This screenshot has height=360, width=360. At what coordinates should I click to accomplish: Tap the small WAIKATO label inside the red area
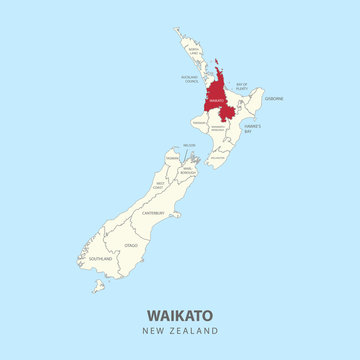216,100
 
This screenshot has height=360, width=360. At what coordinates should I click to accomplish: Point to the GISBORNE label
274,98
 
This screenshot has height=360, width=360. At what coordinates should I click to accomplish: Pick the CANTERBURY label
153,212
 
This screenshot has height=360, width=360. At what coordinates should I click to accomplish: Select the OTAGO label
131,244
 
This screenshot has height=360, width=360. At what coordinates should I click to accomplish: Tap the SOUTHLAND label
100,258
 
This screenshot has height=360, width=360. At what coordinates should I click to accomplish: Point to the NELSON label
190,146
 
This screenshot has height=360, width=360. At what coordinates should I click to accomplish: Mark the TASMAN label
172,158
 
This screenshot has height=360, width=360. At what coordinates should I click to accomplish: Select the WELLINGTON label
218,156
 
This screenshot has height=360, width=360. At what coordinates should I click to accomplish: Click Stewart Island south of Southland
99,287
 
